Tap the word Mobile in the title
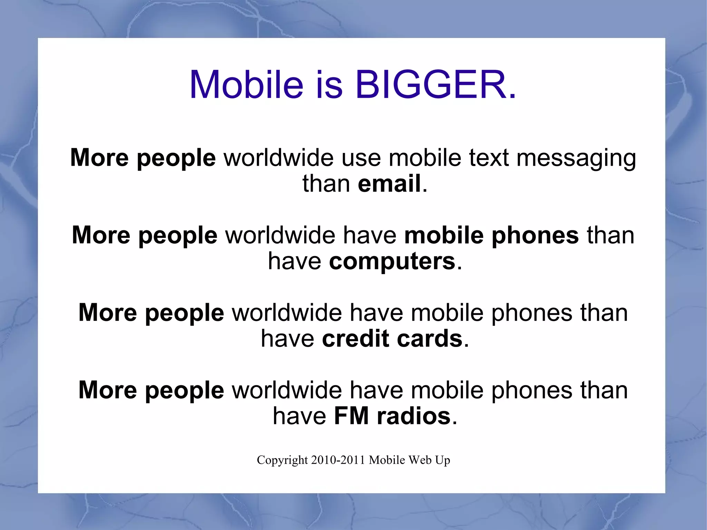point(246,85)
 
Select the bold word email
point(389,183)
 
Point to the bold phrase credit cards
point(392,338)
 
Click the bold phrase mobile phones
point(491,235)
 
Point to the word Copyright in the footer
point(282,460)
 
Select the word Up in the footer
point(443,461)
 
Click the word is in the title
point(329,85)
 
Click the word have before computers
point(294,261)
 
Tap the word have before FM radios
point(299,416)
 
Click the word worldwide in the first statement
point(279,158)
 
